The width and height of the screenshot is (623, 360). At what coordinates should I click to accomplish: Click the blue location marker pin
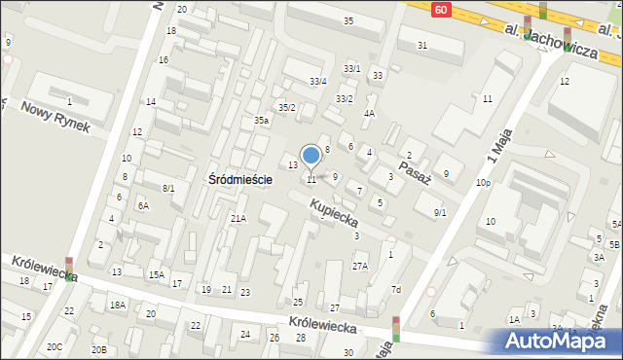(x=311, y=156)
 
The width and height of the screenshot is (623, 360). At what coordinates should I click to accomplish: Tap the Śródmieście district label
(x=239, y=180)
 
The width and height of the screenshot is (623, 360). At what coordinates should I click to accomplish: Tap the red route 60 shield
(x=442, y=9)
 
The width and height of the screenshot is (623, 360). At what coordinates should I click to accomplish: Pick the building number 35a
(x=262, y=121)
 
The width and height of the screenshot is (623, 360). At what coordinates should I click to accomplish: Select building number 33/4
(x=317, y=81)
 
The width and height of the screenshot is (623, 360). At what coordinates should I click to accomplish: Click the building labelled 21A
(x=238, y=219)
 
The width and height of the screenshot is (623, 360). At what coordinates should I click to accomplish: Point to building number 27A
(x=360, y=266)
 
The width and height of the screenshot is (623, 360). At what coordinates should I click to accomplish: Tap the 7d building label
(x=396, y=290)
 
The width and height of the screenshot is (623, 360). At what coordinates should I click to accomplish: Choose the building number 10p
(x=483, y=183)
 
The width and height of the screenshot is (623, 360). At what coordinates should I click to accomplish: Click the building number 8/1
(x=168, y=188)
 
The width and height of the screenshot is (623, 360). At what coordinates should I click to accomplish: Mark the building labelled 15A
(x=156, y=275)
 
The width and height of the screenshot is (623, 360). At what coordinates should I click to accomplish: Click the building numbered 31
(x=422, y=46)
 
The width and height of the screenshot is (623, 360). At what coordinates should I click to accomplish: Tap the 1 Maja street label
(x=497, y=150)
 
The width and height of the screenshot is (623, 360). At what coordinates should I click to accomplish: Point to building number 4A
(x=369, y=113)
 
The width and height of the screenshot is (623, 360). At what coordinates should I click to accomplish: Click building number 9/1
(x=440, y=212)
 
